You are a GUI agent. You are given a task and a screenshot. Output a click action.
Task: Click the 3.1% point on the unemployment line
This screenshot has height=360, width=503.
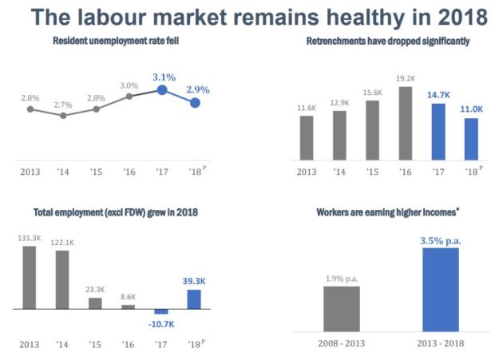pos(162,90)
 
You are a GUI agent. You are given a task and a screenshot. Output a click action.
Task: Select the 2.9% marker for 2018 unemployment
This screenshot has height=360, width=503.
pos(195,103)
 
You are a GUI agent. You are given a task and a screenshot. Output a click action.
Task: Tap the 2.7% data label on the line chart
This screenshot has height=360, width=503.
pos(63,105)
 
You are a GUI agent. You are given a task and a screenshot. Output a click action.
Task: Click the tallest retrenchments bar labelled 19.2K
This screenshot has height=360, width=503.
pos(406,123)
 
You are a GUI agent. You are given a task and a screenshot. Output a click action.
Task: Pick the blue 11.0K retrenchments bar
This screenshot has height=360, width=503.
pos(471,139)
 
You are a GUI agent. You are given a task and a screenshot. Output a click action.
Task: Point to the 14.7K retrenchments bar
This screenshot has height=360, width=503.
pos(438,132)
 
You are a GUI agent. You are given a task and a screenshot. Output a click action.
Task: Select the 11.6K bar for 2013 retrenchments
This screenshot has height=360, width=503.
pos(307,137)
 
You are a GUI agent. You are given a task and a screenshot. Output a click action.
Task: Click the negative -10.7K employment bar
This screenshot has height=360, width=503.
pos(161,311)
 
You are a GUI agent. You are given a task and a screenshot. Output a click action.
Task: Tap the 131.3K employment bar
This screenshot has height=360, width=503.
pos(30,278)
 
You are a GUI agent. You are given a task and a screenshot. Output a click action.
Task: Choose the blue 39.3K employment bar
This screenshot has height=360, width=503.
pos(194,299)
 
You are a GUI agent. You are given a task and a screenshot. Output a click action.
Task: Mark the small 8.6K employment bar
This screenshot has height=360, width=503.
pos(128,307)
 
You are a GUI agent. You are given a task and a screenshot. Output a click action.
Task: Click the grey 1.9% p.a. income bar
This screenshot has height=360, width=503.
pos(342,309)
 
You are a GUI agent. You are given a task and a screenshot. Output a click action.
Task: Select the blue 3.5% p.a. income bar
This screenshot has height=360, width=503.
pos(441,290)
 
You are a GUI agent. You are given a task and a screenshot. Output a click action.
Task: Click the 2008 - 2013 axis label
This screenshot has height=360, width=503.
pos(342,343)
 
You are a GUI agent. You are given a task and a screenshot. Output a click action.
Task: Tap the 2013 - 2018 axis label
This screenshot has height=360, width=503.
pos(441,343)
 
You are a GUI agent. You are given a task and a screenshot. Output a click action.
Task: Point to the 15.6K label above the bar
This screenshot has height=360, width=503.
pos(372,93)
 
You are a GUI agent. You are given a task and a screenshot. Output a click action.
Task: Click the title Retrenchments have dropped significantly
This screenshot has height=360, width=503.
pos(388,41)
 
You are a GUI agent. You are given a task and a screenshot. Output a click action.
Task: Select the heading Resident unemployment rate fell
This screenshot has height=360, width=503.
pos(116,41)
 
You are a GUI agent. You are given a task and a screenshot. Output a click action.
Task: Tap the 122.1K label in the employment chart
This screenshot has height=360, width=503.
pos(62,243)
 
